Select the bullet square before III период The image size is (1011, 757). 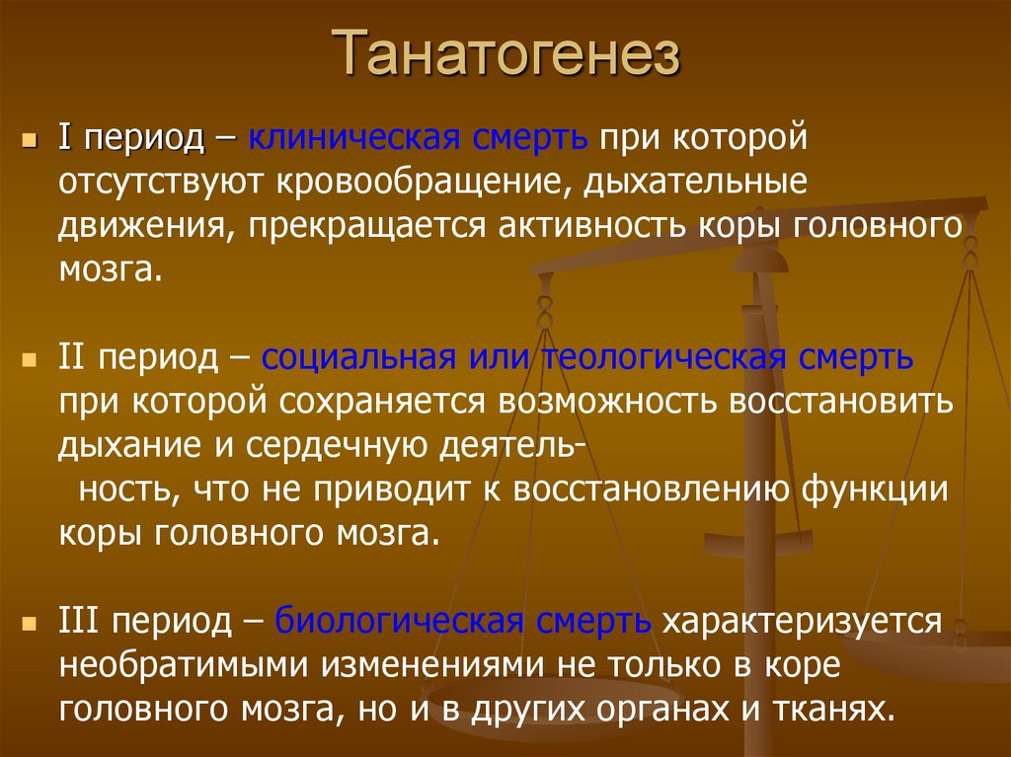pos(31,624)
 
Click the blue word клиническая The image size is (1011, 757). pos(351,137)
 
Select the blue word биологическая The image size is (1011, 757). pos(398,622)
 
